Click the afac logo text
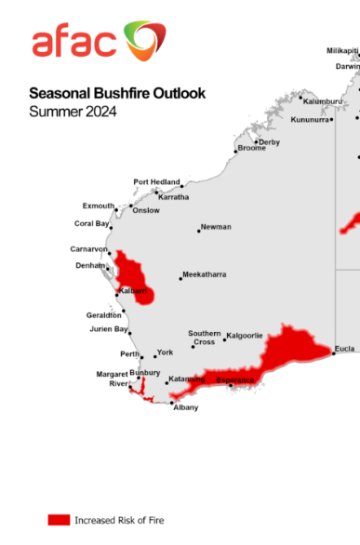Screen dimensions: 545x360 coord(74,42)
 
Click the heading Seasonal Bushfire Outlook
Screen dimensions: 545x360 coord(117,93)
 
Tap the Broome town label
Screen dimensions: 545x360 coord(251,149)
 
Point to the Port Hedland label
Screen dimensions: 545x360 coord(155,182)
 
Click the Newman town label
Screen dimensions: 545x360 coord(216,227)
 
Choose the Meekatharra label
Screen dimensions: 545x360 coord(206,274)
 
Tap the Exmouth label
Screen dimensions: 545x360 coord(99,206)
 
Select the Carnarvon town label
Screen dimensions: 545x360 coord(89,249)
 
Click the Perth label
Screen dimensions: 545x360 coord(129,354)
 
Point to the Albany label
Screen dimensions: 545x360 coord(185,407)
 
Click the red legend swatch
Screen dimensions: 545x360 coord(60,519)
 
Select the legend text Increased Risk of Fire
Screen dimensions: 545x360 coord(119,520)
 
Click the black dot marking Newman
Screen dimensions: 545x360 coord(198,230)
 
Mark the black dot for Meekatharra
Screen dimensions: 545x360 coord(180,277)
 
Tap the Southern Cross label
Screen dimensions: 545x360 coord(204,338)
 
